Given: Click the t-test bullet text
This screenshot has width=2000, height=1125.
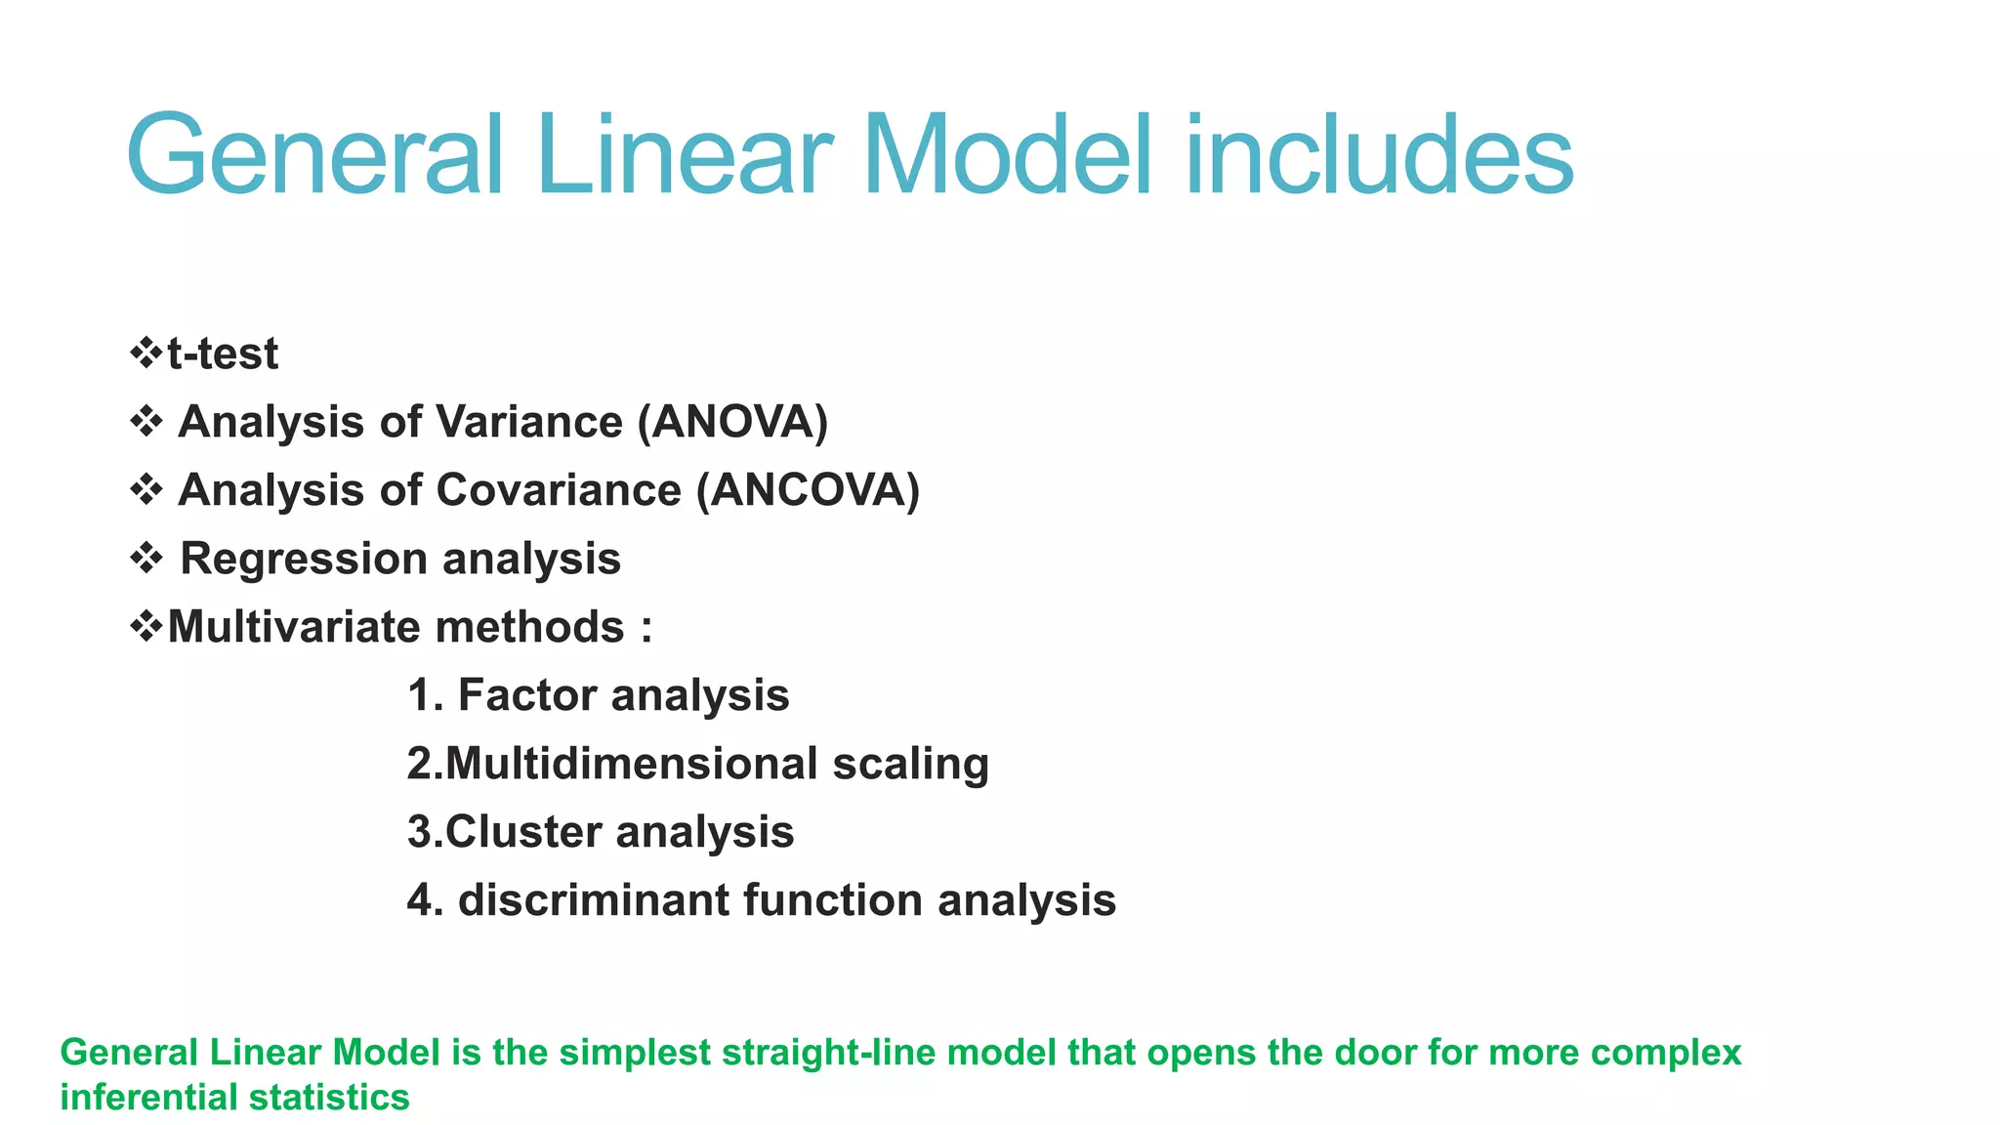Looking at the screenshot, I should [223, 354].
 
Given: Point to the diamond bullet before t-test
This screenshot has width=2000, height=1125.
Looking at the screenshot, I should [146, 353].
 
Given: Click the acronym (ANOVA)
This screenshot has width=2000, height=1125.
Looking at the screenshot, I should [732, 422].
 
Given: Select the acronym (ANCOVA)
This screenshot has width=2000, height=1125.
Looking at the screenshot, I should [808, 490].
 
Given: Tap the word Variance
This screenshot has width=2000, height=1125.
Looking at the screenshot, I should [529, 422].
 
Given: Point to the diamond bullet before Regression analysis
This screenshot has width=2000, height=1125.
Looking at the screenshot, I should [146, 559].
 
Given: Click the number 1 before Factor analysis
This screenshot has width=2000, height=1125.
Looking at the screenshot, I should [419, 695].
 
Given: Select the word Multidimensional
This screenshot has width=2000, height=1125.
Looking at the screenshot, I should [632, 764].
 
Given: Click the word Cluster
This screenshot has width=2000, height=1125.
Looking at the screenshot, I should [523, 832].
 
